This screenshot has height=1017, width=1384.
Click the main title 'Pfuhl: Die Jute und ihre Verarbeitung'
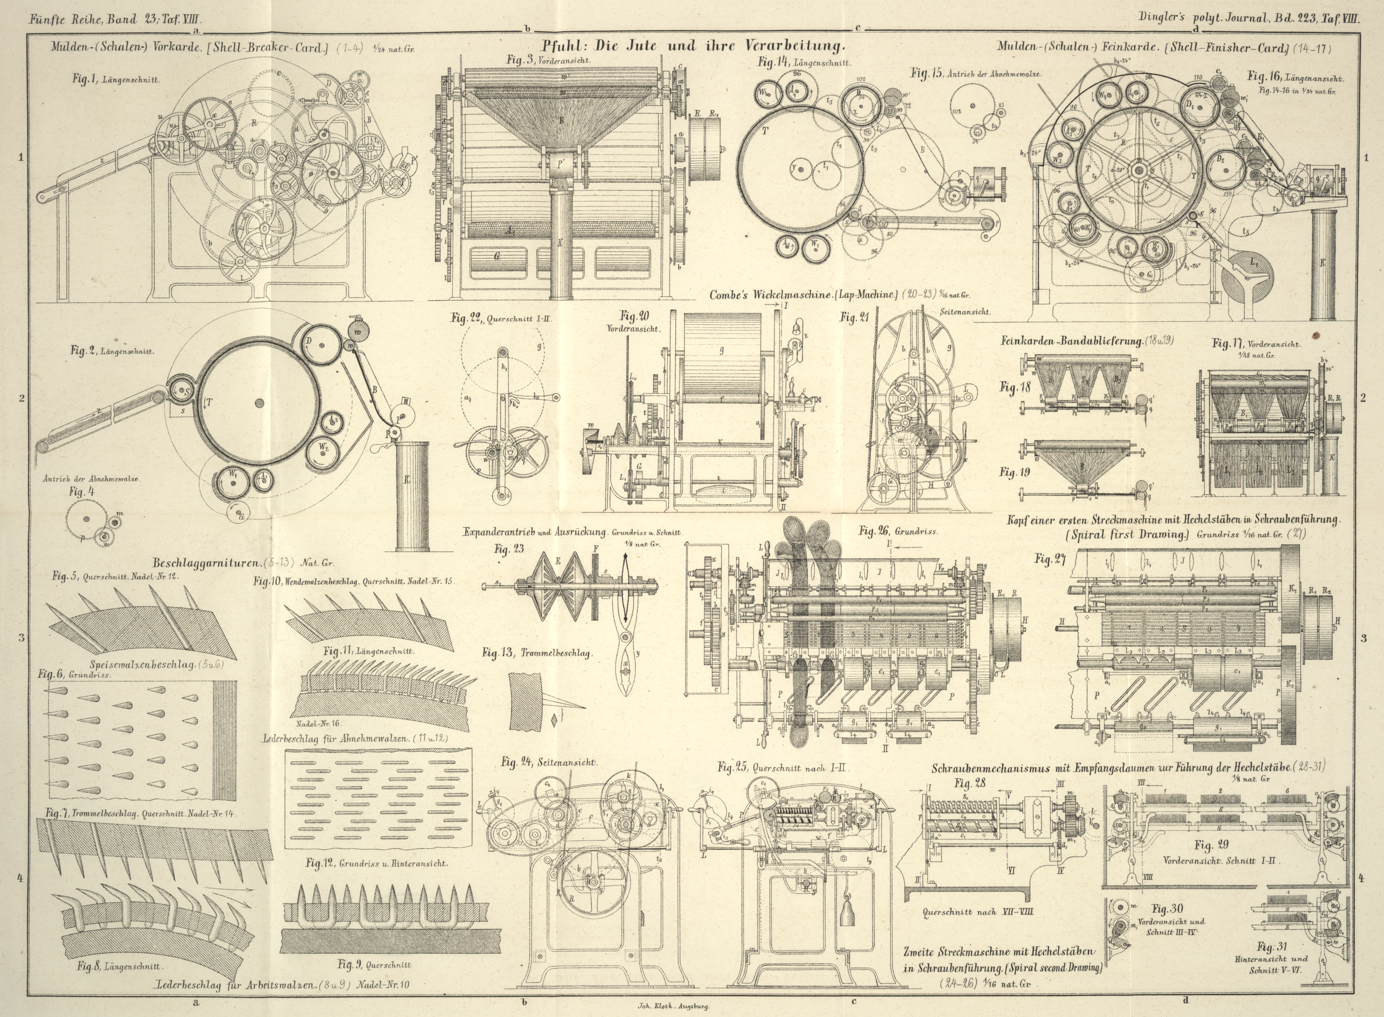(694, 45)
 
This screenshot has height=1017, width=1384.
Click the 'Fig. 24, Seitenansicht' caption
(549, 762)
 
